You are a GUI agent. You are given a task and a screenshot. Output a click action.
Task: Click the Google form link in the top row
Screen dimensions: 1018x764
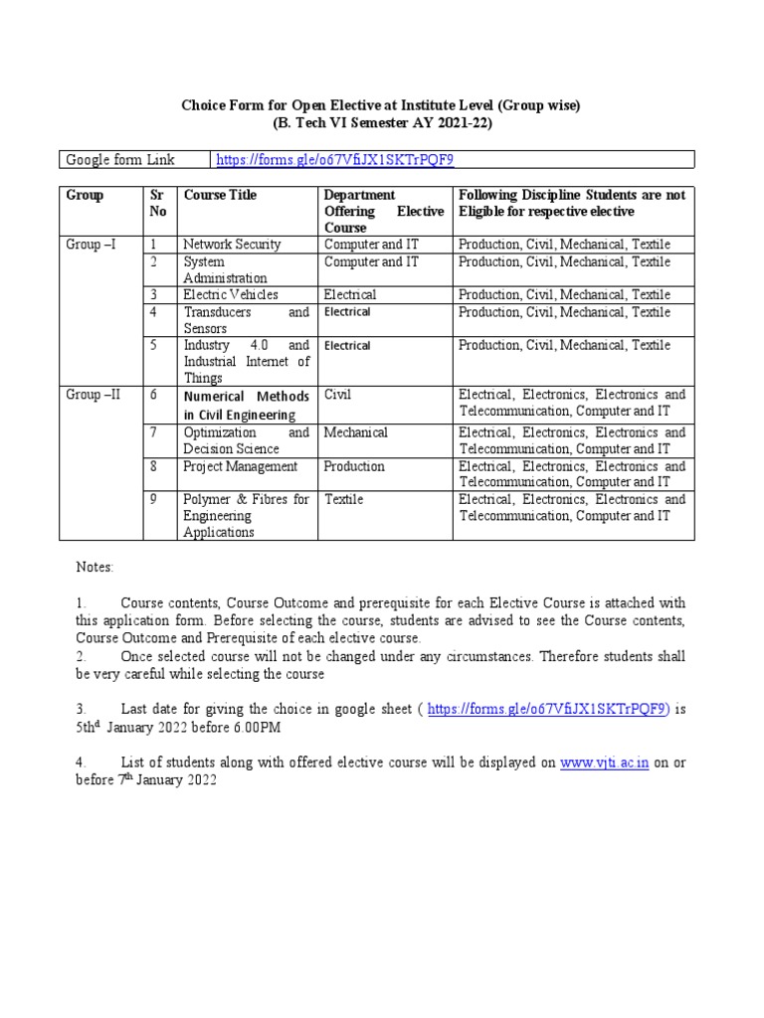[x=336, y=160]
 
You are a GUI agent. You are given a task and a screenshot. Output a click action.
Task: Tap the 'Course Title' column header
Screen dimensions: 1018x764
[x=220, y=195]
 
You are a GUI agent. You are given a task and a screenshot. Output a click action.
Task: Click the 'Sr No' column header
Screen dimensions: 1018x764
[x=158, y=203]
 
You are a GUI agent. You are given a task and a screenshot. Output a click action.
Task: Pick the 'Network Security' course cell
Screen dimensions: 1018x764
[x=232, y=245]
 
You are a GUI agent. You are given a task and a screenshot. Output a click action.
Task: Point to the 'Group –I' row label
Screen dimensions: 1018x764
[x=91, y=245]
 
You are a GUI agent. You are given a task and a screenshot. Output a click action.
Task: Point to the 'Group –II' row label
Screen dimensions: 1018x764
[x=93, y=395]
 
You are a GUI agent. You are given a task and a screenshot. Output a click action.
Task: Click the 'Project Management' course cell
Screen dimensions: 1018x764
[x=240, y=466]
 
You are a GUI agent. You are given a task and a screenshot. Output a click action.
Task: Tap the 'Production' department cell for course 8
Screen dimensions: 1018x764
[x=354, y=466]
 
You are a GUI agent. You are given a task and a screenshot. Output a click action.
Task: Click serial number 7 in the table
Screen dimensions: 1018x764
[x=154, y=432]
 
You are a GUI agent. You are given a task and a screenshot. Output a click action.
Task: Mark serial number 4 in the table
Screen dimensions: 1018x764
[x=154, y=312]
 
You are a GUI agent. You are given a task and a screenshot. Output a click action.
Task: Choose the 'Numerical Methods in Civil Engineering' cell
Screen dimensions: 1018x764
[x=246, y=405]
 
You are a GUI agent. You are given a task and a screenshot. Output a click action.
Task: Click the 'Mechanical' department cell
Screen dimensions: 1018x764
[x=356, y=432]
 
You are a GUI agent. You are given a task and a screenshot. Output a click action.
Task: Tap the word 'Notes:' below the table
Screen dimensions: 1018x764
[x=95, y=567]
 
